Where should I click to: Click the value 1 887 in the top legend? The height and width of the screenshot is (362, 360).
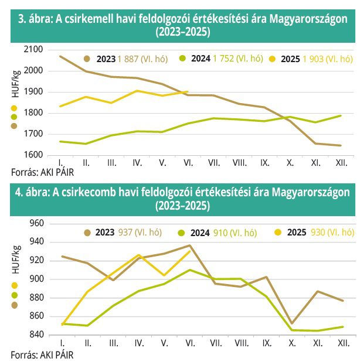tap(131, 59)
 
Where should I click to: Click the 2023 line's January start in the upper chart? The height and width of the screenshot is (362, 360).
tap(61, 56)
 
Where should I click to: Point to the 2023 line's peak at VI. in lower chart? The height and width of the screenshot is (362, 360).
tap(189, 245)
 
